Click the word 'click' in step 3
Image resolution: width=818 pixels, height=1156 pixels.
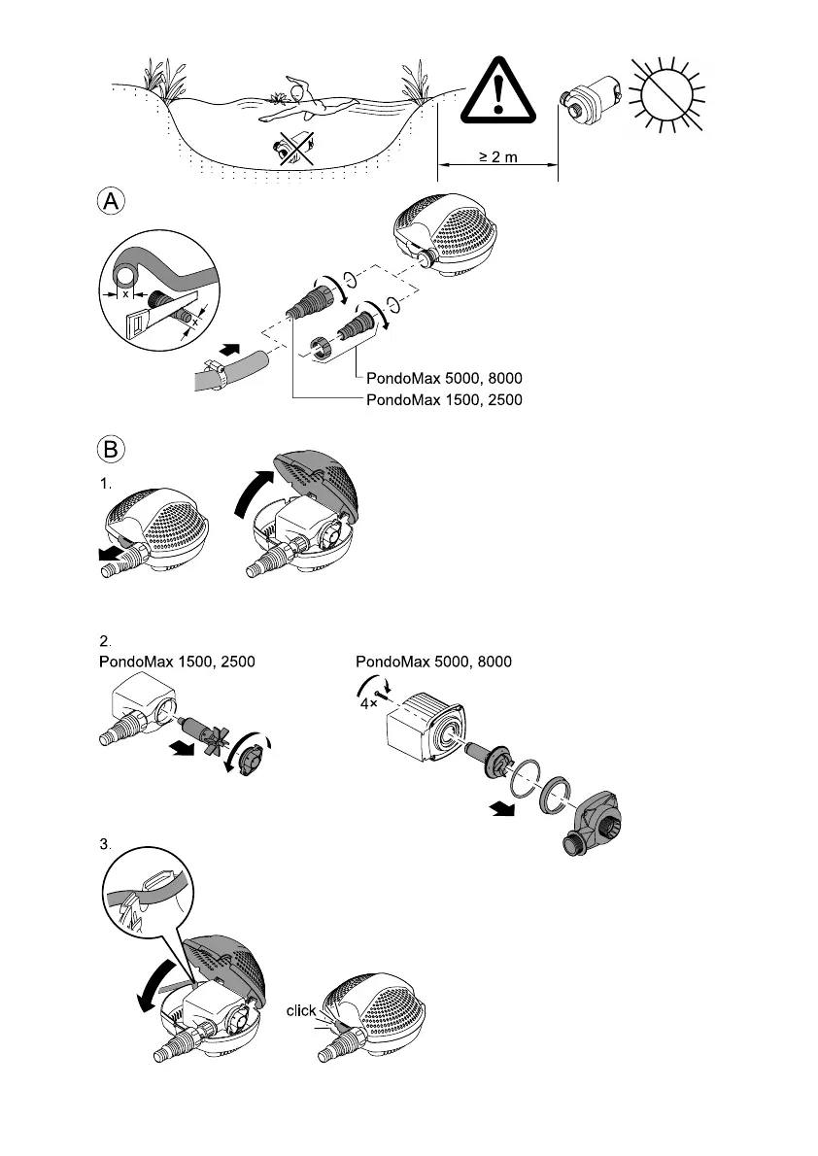coord(301,1011)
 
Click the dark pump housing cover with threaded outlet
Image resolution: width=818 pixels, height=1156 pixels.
coord(595,819)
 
